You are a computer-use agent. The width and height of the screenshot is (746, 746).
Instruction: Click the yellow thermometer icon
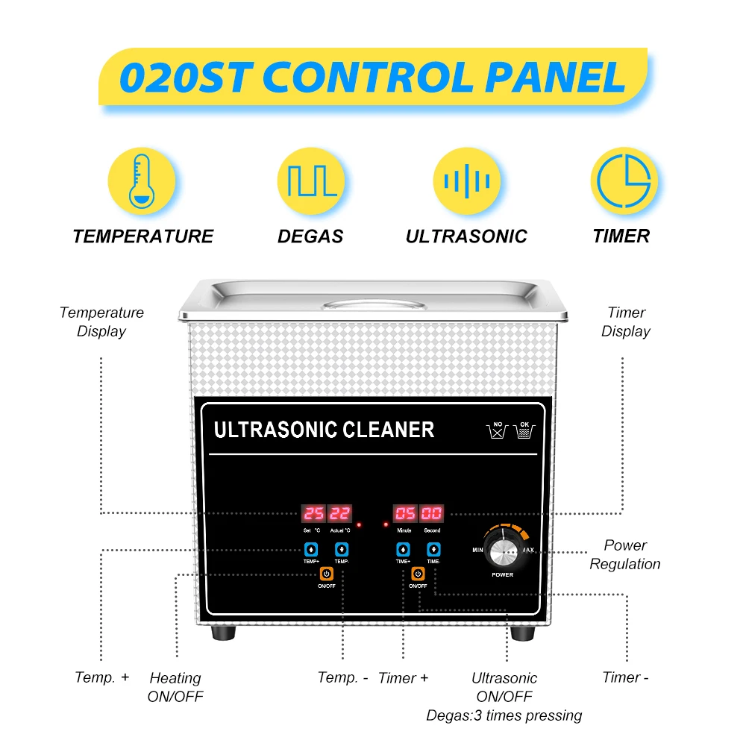click(142, 181)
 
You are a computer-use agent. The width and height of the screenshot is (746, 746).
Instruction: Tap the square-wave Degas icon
click(310, 181)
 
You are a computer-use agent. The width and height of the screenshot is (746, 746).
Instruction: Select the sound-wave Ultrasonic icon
click(466, 181)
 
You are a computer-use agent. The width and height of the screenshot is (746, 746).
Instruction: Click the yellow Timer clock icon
click(624, 181)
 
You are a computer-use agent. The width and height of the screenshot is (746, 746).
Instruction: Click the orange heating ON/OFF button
click(326, 574)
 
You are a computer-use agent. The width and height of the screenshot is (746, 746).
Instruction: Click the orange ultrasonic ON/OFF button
click(418, 574)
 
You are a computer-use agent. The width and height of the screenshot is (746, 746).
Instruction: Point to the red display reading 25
click(313, 514)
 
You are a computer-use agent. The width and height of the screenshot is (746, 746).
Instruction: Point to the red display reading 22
click(339, 514)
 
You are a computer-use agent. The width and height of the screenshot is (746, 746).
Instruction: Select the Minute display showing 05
click(405, 514)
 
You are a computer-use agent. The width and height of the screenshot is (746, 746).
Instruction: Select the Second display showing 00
click(432, 514)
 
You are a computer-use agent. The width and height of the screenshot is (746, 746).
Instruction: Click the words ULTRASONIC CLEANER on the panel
click(324, 430)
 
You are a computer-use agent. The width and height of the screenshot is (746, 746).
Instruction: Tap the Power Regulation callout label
click(625, 554)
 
